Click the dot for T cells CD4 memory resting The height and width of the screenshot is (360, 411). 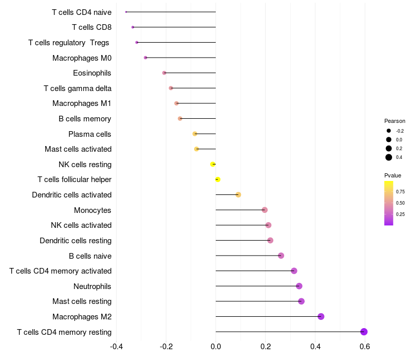pyautogui.click(x=364, y=332)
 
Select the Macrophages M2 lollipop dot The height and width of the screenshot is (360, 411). pyautogui.click(x=321, y=316)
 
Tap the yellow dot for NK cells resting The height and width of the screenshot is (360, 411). pyautogui.click(x=213, y=164)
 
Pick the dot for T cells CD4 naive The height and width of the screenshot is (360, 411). pyautogui.click(x=126, y=12)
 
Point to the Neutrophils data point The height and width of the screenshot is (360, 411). pyautogui.click(x=299, y=286)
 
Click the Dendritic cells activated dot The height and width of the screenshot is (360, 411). pyautogui.click(x=238, y=194)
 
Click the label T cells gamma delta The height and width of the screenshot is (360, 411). pyautogui.click(x=78, y=88)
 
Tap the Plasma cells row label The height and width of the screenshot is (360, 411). pyautogui.click(x=89, y=134)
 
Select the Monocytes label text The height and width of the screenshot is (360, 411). pyautogui.click(x=92, y=210)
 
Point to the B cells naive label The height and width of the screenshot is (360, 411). pyautogui.click(x=90, y=256)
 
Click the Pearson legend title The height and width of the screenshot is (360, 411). pyautogui.click(x=395, y=121)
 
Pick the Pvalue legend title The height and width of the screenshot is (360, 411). pyautogui.click(x=393, y=175)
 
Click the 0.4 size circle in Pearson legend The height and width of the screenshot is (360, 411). pyautogui.click(x=389, y=157)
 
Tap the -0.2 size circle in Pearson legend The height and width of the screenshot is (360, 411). pyautogui.click(x=389, y=131)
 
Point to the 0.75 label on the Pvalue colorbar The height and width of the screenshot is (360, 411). pyautogui.click(x=400, y=191)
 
